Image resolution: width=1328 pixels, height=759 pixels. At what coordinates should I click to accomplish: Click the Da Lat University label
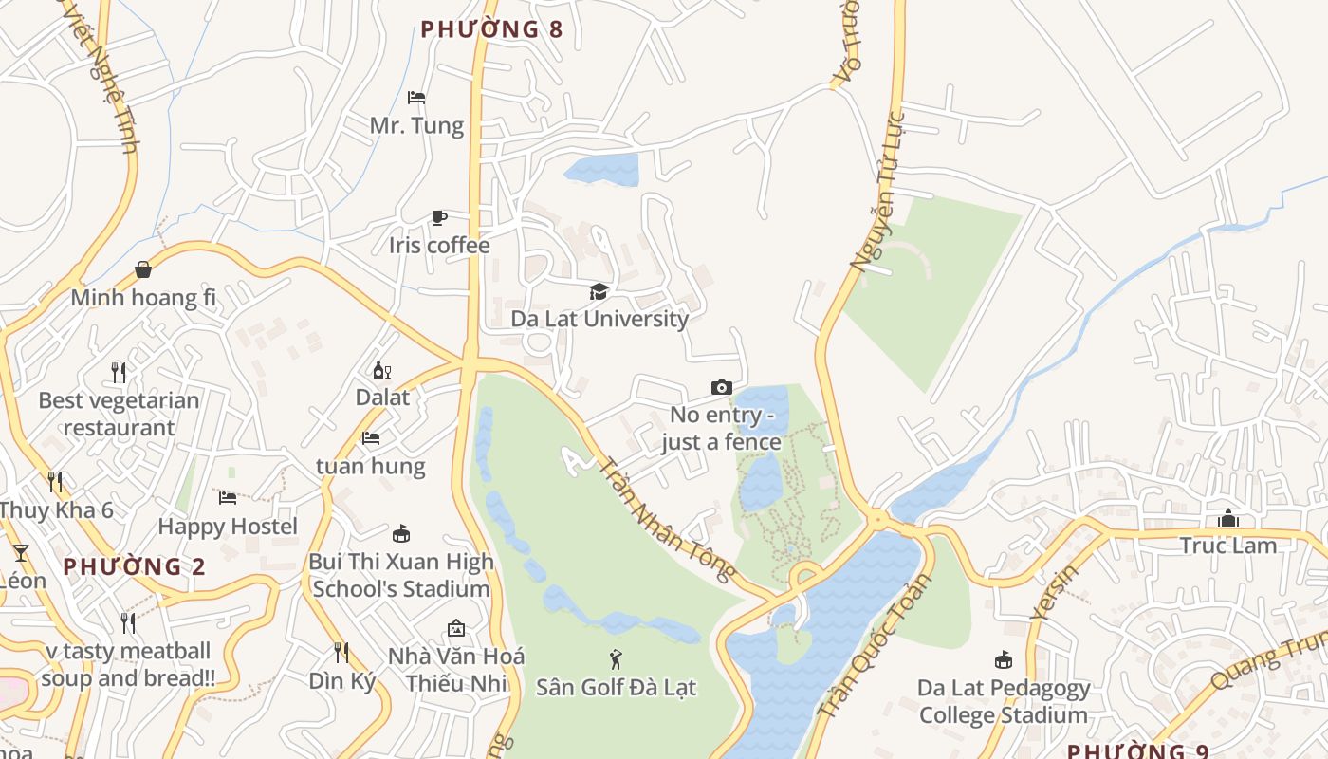click(599, 319)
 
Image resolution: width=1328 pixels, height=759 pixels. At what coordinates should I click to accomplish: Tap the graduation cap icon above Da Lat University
click(599, 291)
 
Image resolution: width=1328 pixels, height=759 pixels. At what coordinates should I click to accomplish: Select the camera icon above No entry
click(722, 387)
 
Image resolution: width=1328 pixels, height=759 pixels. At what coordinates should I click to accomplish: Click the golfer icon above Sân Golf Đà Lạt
click(616, 658)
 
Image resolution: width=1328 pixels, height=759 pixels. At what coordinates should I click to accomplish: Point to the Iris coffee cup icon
click(438, 218)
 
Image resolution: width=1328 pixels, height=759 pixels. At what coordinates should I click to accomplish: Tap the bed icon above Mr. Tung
click(415, 98)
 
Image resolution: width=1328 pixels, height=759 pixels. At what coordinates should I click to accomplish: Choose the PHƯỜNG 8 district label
click(491, 29)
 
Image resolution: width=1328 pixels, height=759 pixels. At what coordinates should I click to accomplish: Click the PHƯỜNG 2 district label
click(134, 567)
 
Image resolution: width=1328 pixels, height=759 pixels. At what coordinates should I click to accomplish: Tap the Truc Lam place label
click(1228, 546)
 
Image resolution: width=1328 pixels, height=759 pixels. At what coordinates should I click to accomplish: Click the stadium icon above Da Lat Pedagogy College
click(1003, 659)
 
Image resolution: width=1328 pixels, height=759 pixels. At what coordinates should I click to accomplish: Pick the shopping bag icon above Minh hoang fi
click(143, 270)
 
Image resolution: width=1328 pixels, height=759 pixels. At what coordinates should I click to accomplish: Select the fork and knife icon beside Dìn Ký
click(341, 653)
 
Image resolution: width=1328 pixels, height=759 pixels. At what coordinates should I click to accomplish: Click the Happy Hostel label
click(228, 526)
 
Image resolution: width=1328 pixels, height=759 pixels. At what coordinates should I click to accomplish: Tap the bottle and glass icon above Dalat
click(381, 371)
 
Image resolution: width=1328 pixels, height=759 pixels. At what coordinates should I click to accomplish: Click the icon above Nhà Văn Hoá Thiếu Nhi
click(455, 628)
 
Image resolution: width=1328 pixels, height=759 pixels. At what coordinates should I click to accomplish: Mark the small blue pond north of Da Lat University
click(603, 170)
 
